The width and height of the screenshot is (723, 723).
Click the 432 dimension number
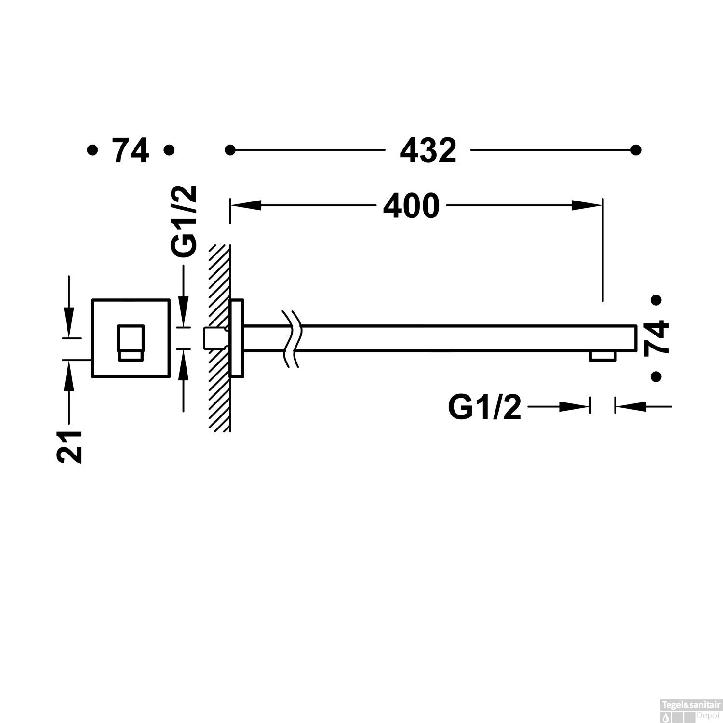[428, 151]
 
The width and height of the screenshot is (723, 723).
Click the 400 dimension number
[411, 206]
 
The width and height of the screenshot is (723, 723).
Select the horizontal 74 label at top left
[130, 151]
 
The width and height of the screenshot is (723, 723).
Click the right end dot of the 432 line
[636, 150]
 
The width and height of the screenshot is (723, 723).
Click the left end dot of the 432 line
[230, 150]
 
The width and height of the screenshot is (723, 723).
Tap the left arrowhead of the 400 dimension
[246, 205]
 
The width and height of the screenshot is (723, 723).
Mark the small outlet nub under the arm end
[602, 356]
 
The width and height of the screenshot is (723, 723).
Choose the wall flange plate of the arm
[237, 338]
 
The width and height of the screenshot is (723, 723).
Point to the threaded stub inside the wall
[215, 338]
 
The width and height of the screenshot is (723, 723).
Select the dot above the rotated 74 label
[655, 300]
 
